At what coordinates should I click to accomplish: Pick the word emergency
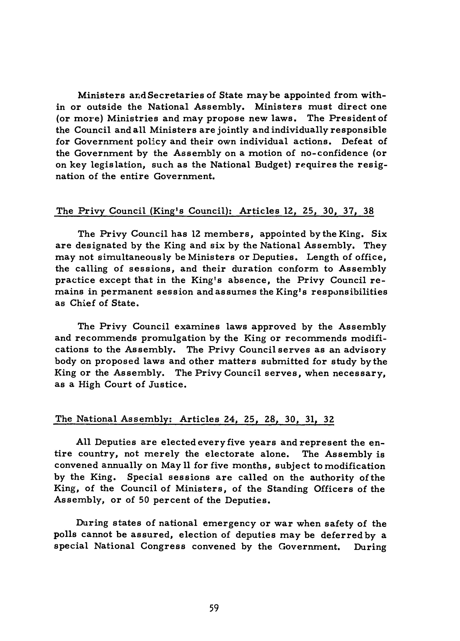tap(229, 524)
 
